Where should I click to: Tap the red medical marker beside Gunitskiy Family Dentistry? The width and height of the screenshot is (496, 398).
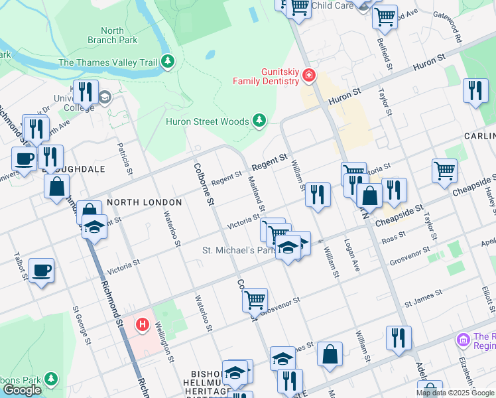[x=308, y=76]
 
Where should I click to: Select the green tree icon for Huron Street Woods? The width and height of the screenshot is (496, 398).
[x=259, y=121]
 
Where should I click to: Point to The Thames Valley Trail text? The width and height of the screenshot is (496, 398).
[x=107, y=63]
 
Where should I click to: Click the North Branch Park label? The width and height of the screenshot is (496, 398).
[x=112, y=35]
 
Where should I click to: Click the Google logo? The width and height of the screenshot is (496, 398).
[x=22, y=390]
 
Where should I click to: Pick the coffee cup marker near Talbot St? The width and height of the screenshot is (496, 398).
[x=41, y=271]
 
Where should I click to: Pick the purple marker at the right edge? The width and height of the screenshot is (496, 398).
[x=464, y=340]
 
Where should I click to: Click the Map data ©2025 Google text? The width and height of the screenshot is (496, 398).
[x=455, y=393]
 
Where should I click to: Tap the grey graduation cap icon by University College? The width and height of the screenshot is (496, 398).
[x=105, y=98]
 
